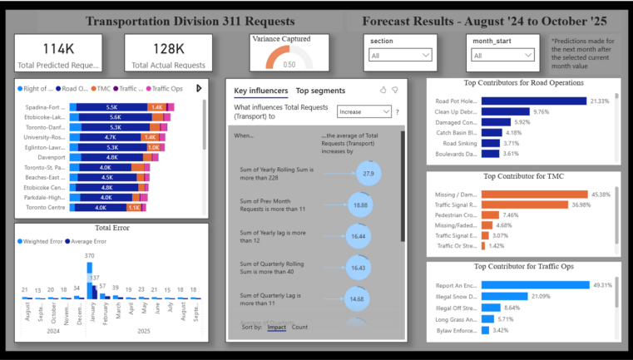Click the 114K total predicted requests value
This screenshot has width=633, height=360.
point(59,49)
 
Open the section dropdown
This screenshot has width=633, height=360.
point(402,56)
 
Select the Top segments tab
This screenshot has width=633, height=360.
point(320,91)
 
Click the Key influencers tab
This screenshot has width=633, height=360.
point(261,91)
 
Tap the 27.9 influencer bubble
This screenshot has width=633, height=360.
point(368,174)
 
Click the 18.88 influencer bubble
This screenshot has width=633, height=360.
point(361,205)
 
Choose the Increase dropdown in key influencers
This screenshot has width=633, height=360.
point(363,111)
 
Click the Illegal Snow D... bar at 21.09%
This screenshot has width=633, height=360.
point(504,296)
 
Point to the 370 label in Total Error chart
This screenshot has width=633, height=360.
point(89,255)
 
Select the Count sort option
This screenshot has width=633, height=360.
point(299,328)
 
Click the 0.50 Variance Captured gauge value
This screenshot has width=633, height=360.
point(289,64)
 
